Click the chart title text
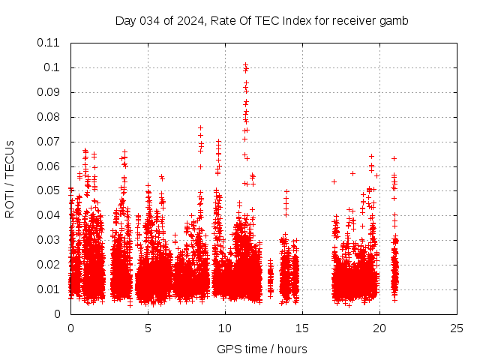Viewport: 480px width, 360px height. coord(262,20)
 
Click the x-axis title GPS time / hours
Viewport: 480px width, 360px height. coord(262,349)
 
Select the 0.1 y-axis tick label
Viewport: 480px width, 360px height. coord(54,67)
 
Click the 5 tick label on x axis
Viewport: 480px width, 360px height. coord(148,328)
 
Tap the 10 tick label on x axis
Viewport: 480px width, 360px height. coord(225,328)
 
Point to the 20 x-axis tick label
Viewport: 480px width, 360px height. coord(379,328)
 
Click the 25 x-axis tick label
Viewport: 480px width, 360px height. coord(457,328)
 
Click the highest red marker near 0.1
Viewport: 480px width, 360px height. coord(245,65)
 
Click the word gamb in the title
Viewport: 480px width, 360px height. coord(395,20)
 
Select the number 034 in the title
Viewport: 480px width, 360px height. coord(151,20)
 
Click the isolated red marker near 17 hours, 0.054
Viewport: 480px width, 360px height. coord(334,181)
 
